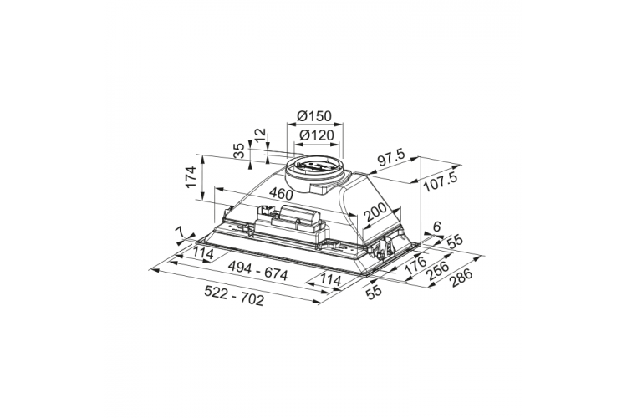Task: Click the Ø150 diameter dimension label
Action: pos(314,116)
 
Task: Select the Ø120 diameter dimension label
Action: pos(316,135)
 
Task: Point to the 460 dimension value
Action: pos(281,194)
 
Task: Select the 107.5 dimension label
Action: pos(440,182)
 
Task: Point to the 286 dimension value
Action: pos(461,277)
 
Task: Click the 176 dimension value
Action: pos(415,265)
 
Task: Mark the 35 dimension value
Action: pos(239,151)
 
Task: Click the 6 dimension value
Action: pos(436,227)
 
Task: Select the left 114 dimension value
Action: pos(203,253)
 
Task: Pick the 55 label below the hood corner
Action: pos(375,291)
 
